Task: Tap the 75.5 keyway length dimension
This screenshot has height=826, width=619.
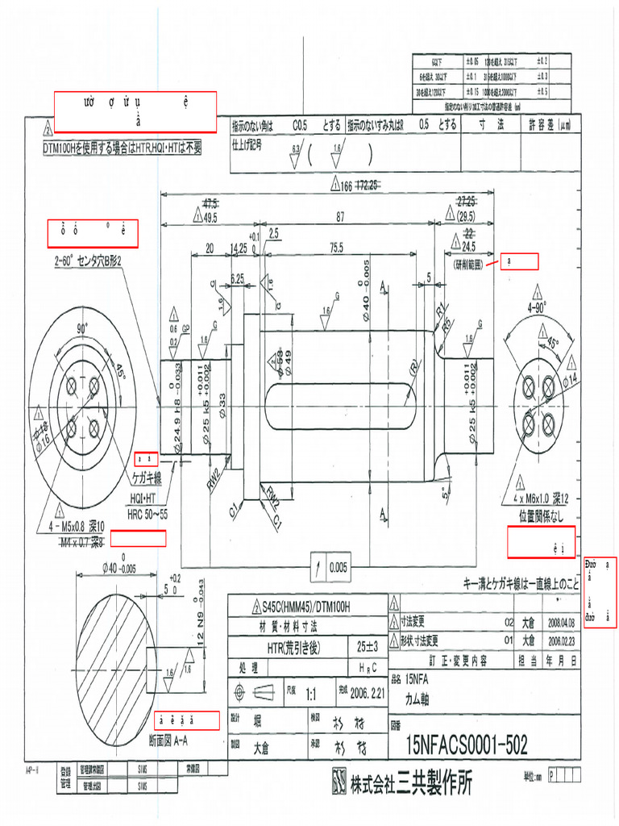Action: (x=335, y=247)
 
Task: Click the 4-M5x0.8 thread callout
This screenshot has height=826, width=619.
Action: (x=86, y=525)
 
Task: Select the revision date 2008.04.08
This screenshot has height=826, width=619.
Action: (x=561, y=624)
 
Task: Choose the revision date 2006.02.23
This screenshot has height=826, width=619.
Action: (x=561, y=641)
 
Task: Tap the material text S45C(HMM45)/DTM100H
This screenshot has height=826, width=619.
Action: (x=307, y=607)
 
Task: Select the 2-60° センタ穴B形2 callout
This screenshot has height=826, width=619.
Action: (x=88, y=261)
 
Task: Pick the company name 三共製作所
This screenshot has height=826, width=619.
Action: (x=435, y=782)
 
